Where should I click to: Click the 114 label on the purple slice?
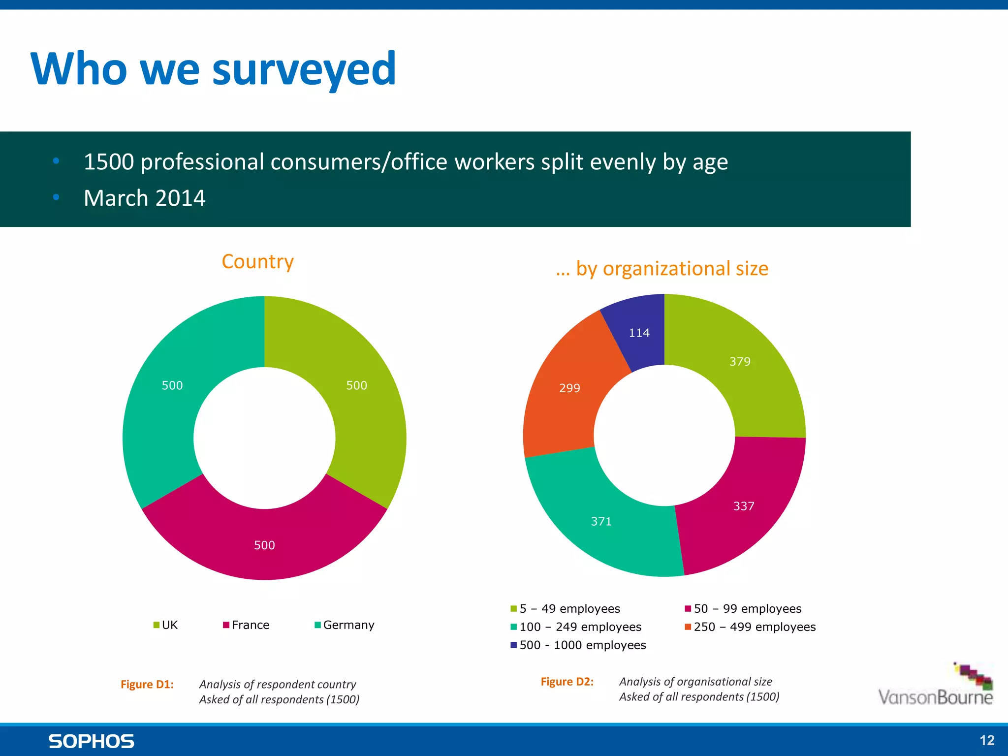pyautogui.click(x=639, y=333)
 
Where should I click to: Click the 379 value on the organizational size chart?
pyautogui.click(x=740, y=362)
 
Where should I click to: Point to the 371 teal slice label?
pyautogui.click(x=601, y=522)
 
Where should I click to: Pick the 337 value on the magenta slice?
pyautogui.click(x=743, y=506)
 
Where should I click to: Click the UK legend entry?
pyautogui.click(x=166, y=625)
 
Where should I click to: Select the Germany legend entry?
pyautogui.click(x=345, y=625)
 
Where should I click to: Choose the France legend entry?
pyautogui.click(x=246, y=625)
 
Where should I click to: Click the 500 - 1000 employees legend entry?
pyautogui.click(x=578, y=645)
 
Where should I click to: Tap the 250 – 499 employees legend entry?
pyautogui.click(x=750, y=627)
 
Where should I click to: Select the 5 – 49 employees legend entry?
pyautogui.click(x=566, y=609)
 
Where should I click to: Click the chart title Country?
pyautogui.click(x=257, y=261)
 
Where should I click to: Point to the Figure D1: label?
pyautogui.click(x=147, y=685)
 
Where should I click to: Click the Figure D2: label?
pyautogui.click(x=567, y=682)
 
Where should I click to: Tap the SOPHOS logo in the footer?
pyautogui.click(x=91, y=741)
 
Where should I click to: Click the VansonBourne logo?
pyautogui.click(x=935, y=687)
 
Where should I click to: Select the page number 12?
pyautogui.click(x=986, y=740)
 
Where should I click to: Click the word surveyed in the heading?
pyautogui.click(x=304, y=70)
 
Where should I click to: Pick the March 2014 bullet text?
pyautogui.click(x=144, y=198)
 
